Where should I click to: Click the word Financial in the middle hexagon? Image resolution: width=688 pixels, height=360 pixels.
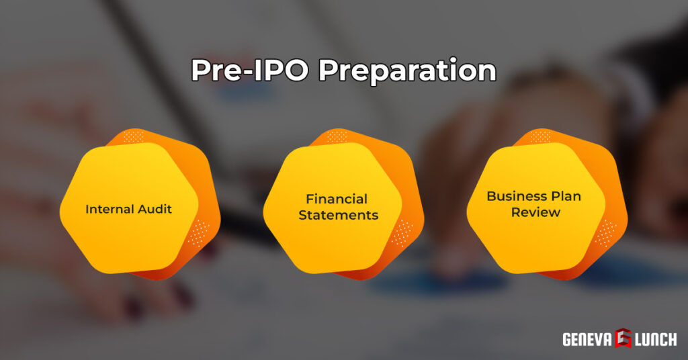(x=337, y=199)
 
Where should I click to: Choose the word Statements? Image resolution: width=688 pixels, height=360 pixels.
(x=338, y=216)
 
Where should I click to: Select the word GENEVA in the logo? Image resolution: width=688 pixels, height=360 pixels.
(x=587, y=339)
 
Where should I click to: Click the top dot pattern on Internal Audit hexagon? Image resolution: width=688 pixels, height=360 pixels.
(x=132, y=136)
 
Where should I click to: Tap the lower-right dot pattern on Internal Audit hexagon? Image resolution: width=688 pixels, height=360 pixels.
(x=197, y=232)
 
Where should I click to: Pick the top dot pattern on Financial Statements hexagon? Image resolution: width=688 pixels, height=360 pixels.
(x=336, y=136)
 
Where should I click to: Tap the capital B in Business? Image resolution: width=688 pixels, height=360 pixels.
(x=491, y=196)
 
